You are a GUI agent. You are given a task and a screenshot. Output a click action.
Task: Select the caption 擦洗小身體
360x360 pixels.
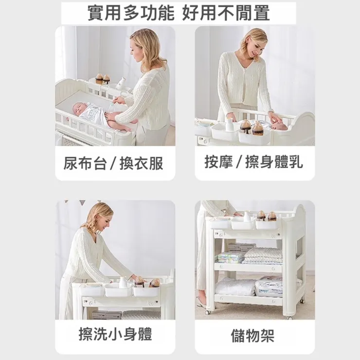click(115, 334)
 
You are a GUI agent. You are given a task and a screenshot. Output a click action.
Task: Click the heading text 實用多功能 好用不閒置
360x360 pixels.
click(179, 13)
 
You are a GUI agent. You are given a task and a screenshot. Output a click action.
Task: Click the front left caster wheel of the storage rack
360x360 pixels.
click(210, 309)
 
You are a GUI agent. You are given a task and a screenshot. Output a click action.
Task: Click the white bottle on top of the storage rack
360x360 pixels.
click(247, 216)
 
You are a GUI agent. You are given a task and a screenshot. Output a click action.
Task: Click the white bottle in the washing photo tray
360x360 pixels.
click(123, 283)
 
